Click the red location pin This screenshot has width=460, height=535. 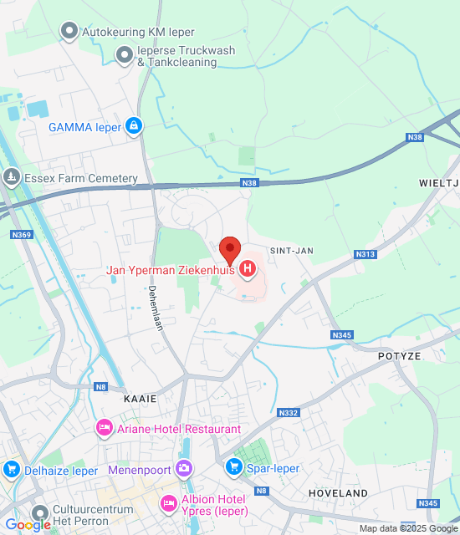point(230,249)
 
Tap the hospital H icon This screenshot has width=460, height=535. point(248,269)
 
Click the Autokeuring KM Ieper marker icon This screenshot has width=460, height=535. point(69,32)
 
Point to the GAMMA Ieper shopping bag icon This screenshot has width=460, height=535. point(133,126)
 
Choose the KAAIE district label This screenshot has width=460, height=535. point(140,399)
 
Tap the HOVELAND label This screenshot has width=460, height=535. point(338,494)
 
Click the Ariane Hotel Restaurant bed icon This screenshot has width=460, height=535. point(105,428)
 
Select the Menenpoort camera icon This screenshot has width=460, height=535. point(183,469)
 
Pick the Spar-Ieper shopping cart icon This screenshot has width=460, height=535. point(233,466)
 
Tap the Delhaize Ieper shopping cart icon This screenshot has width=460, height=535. point(12,470)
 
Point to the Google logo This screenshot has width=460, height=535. point(27,525)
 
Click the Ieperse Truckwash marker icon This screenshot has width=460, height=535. point(125,56)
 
